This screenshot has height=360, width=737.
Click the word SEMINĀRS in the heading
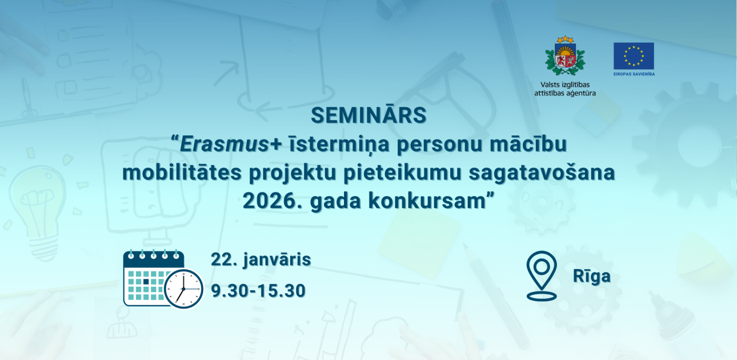pos(368,115)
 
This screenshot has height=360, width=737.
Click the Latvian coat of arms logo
pos(564,56)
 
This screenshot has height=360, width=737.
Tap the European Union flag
pos(634,56)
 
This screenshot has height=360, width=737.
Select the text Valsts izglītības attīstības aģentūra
pos(564,89)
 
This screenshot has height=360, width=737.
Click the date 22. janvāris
pos(261,259)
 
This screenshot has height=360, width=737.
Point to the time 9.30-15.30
pos(258,291)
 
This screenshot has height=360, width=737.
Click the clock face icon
pos(183,288)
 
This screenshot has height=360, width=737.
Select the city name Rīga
pos(592,277)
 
